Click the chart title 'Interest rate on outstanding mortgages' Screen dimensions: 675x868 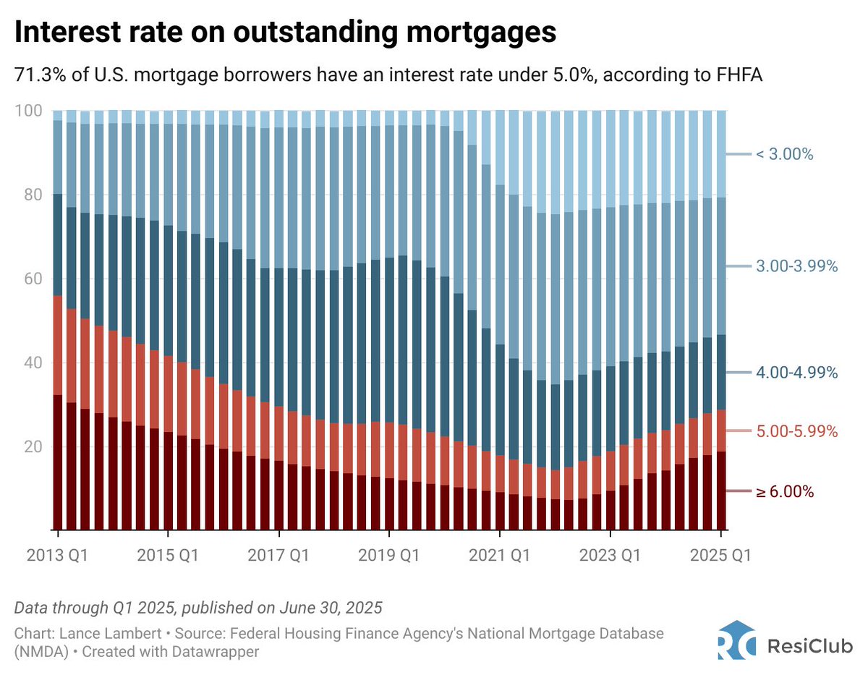click(x=286, y=33)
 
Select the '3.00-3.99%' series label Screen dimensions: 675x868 click(x=795, y=266)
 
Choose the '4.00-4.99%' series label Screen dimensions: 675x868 click(x=795, y=373)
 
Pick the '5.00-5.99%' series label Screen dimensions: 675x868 click(x=795, y=432)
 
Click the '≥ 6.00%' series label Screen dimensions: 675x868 click(x=785, y=492)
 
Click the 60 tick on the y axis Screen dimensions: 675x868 click(x=33, y=279)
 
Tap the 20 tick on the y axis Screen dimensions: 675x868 click(x=33, y=447)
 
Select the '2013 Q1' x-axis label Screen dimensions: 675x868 click(x=58, y=556)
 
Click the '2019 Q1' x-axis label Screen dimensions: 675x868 click(x=390, y=556)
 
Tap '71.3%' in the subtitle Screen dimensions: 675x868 click(x=37, y=75)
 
